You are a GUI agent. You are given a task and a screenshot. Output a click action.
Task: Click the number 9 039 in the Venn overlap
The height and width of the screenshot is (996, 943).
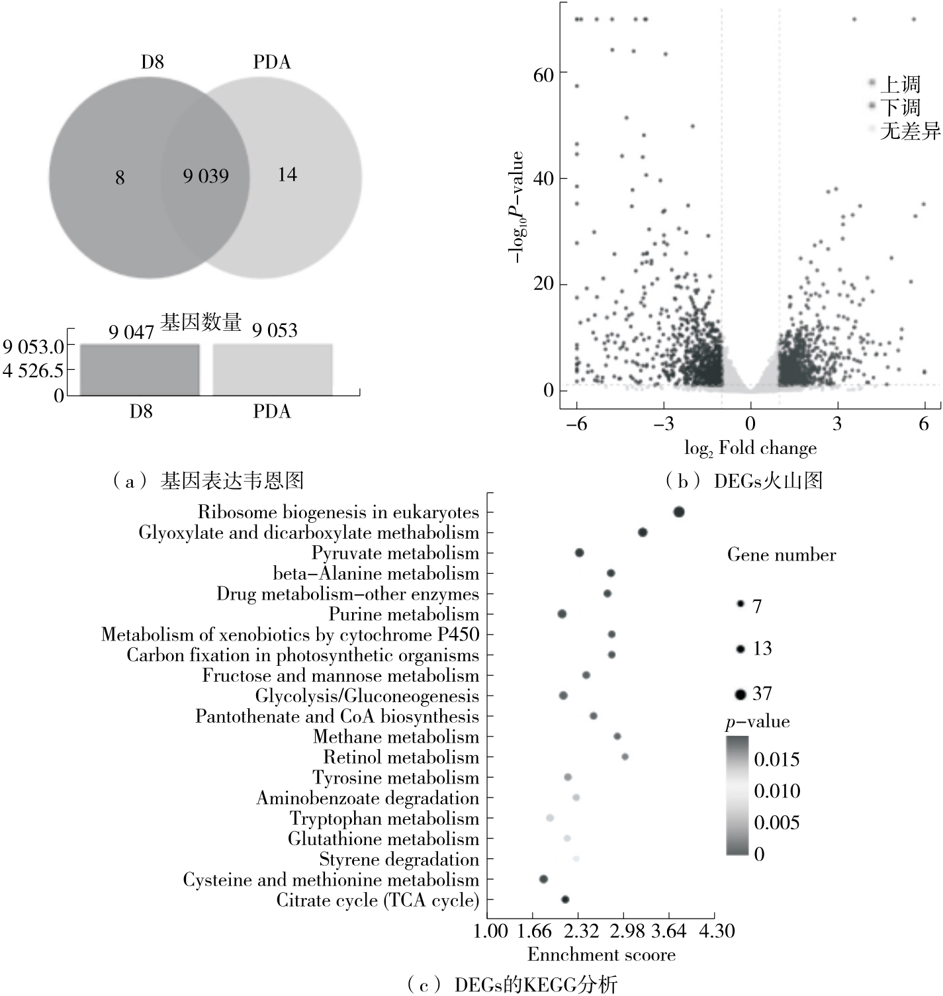(x=206, y=176)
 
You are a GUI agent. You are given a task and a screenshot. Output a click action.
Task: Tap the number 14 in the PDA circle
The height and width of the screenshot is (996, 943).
(x=287, y=175)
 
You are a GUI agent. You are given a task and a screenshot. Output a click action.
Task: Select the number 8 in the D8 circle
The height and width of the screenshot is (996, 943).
(x=120, y=177)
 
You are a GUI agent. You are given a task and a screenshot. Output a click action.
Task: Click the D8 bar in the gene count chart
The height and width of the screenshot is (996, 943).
(x=140, y=370)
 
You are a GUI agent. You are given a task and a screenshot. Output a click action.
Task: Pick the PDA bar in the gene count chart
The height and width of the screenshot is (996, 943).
(x=272, y=370)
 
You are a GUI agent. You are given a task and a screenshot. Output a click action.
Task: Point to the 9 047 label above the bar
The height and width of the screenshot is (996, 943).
(x=131, y=332)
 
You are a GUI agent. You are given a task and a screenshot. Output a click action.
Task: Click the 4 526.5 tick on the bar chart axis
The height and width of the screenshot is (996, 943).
(x=33, y=371)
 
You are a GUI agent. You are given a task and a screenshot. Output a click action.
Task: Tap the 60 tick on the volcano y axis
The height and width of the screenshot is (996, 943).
(x=543, y=74)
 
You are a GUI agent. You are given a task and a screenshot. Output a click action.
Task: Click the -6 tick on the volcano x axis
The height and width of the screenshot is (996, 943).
(x=576, y=424)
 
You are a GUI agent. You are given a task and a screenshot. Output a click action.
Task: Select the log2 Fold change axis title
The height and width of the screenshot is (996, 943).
(x=750, y=449)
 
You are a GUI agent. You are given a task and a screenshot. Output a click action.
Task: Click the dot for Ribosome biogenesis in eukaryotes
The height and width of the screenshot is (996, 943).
(x=678, y=512)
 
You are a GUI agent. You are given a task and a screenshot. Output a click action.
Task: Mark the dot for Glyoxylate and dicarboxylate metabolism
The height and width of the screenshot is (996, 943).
(x=642, y=532)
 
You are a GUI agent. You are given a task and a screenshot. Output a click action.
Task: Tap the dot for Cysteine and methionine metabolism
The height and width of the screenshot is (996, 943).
(x=543, y=879)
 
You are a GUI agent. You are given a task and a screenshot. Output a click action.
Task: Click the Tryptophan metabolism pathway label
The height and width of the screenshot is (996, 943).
(x=384, y=819)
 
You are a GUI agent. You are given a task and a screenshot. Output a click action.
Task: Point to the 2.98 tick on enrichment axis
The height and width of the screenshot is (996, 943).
(x=627, y=931)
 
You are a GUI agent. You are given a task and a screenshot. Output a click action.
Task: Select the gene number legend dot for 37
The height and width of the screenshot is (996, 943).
(x=741, y=694)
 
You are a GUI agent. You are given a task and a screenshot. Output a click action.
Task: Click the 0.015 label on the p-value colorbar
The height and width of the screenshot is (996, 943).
(x=776, y=759)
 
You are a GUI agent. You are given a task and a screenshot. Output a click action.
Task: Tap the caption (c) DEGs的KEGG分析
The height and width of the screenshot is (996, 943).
(x=512, y=985)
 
